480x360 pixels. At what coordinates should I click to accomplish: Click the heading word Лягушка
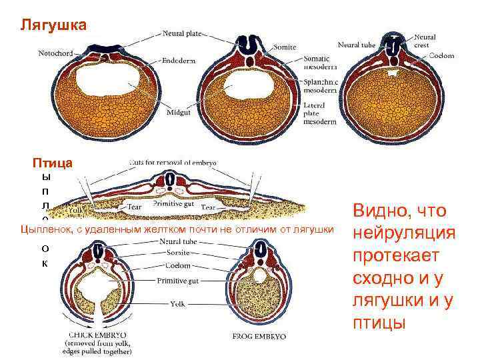(x=53, y=26)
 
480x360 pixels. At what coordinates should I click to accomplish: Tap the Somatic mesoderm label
(x=319, y=63)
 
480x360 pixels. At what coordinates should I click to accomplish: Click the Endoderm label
(x=179, y=60)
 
